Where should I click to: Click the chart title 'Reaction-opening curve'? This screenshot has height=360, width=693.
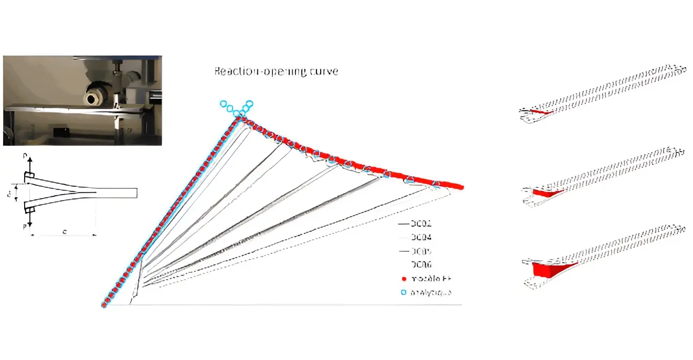(276, 71)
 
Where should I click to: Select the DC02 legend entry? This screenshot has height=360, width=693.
(422, 224)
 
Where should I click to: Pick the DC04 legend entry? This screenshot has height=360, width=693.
(422, 238)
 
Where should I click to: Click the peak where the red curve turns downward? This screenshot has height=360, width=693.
(240, 119)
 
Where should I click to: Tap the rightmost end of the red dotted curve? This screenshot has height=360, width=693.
(461, 186)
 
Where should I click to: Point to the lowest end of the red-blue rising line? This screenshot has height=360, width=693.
(104, 305)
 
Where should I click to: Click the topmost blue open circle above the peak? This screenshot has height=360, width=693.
(249, 103)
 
